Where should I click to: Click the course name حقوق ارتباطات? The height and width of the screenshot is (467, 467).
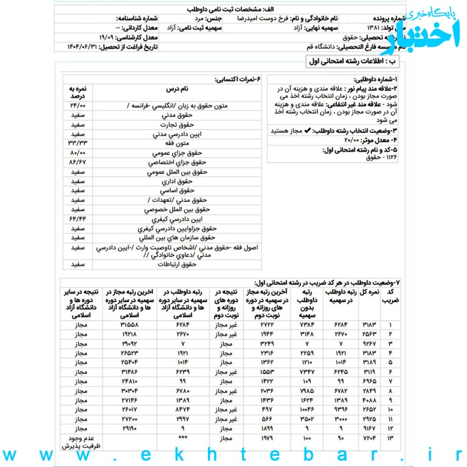(x=176, y=265)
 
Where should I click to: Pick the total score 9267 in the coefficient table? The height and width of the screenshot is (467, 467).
(x=370, y=344)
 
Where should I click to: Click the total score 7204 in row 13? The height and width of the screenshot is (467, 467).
(x=370, y=437)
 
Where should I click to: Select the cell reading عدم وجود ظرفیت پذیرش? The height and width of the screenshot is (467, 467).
(x=77, y=441)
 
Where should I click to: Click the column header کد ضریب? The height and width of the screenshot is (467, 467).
(x=393, y=297)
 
